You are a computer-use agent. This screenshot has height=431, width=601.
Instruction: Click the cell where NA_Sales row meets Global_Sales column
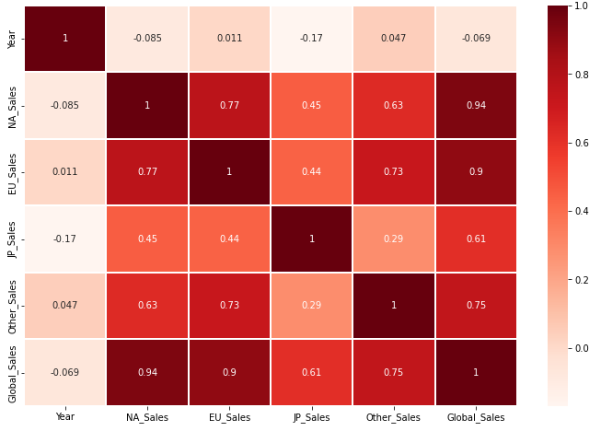click(x=476, y=105)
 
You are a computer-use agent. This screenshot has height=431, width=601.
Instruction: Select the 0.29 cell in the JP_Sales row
click(x=394, y=239)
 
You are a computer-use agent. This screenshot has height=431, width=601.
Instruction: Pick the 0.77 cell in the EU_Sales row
click(x=146, y=172)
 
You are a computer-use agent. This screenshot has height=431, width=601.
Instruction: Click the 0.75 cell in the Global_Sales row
click(x=394, y=372)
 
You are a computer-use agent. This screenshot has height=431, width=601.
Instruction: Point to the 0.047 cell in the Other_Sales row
click(x=64, y=306)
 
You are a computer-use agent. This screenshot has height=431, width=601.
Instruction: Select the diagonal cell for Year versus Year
click(x=64, y=39)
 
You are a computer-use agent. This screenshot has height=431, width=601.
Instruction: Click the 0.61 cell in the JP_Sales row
click(x=476, y=239)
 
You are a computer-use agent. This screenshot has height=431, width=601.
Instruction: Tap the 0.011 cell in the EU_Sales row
click(x=64, y=172)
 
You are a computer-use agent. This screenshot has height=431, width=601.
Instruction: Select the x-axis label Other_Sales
click(x=394, y=418)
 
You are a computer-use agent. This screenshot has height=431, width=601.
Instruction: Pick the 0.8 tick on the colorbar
click(x=582, y=75)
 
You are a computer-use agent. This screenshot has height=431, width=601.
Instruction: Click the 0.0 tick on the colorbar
click(x=582, y=348)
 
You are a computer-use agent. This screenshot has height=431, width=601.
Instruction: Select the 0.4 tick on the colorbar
click(x=582, y=211)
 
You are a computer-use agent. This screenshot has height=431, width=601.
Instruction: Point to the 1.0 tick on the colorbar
click(x=582, y=6)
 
